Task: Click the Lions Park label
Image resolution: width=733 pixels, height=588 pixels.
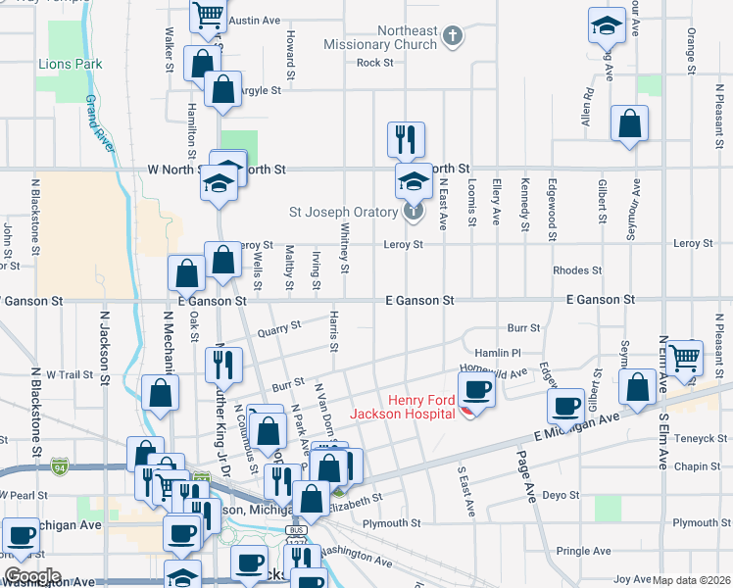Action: pos(71,65)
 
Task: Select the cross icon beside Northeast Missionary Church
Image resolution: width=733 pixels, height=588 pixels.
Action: pos(451,36)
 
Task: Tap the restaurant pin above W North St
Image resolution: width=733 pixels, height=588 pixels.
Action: pos(405,140)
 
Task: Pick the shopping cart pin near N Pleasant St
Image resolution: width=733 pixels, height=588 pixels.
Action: pos(685,360)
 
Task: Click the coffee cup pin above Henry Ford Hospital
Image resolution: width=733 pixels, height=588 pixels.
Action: pos(476,389)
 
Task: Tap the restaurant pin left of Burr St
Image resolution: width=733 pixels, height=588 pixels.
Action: pos(223,366)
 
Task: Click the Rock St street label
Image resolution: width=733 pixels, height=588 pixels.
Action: pos(375,63)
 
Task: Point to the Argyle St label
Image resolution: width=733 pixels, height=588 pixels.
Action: pos(261,90)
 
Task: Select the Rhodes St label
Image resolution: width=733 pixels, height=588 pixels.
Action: pos(577,270)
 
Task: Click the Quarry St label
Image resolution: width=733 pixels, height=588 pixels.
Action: pos(278,330)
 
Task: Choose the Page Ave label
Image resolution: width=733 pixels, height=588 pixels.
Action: pos(528,484)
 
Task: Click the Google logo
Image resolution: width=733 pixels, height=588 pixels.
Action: pos(31,576)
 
